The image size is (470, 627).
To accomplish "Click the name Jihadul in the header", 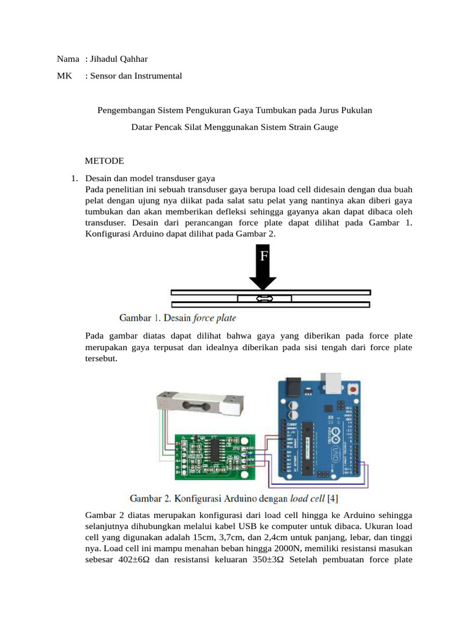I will tap(105, 59).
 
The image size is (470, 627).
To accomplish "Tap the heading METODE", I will tap(104, 161).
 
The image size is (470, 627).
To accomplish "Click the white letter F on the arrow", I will tap(263, 256).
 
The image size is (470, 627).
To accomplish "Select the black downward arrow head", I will tap(263, 280).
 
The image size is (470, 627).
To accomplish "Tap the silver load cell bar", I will tap(202, 401).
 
